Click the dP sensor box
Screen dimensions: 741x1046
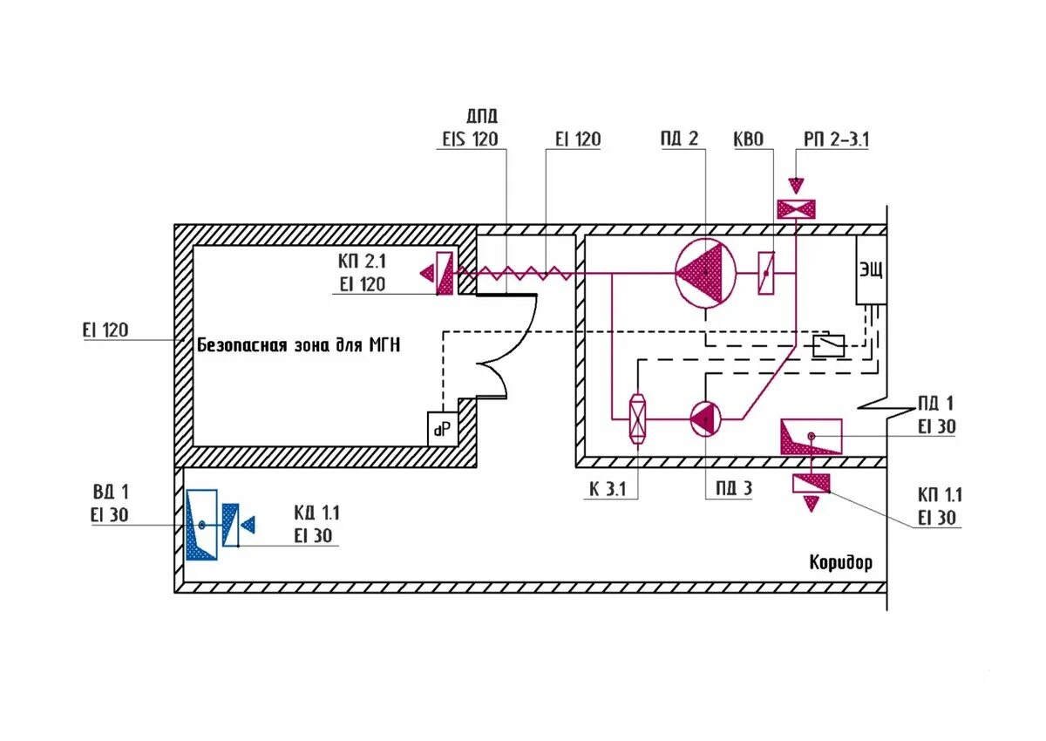point(443,428)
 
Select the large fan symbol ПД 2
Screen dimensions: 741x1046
point(706,273)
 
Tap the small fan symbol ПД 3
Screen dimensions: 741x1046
point(703,419)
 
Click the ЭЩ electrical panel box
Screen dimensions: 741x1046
point(871,269)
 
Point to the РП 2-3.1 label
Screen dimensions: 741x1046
point(836,139)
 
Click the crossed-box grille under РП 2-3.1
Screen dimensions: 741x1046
point(796,209)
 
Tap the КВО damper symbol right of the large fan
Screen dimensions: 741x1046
point(766,274)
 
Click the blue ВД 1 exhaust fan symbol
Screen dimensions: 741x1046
point(201,525)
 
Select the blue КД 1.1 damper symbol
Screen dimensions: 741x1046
point(232,525)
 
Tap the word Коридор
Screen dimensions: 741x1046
point(840,562)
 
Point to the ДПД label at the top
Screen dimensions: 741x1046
point(483,116)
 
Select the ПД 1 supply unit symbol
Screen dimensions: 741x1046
point(811,436)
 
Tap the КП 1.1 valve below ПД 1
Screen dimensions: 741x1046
point(811,485)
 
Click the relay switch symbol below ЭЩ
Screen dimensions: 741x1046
point(828,346)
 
